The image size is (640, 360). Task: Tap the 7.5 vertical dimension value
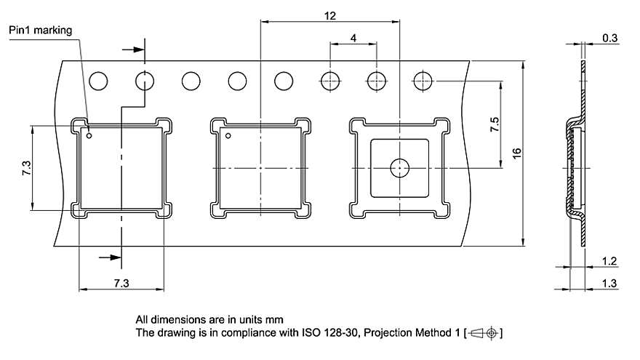[x=495, y=124]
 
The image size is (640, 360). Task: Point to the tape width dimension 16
[x=517, y=153]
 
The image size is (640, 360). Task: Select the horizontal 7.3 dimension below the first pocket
[x=121, y=283]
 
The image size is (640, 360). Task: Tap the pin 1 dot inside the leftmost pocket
[x=89, y=135]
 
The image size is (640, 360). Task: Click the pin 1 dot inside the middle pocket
[x=228, y=135]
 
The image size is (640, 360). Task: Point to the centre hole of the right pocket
[x=400, y=168]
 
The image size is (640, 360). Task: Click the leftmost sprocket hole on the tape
[x=98, y=80]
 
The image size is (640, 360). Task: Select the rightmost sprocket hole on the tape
[x=423, y=81]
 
